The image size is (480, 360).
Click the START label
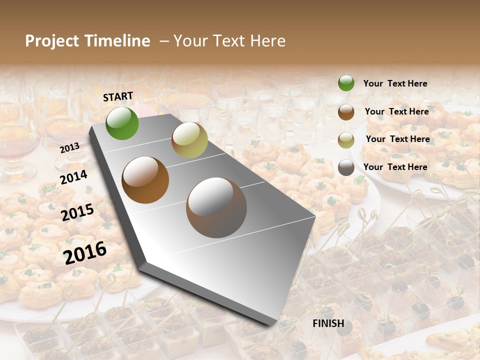(118, 96)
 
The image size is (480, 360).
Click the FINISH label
(328, 323)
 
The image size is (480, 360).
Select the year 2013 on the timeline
(69, 148)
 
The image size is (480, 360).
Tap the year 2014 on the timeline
(73, 177)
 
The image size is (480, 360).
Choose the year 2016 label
(85, 252)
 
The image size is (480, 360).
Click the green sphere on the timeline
(122, 123)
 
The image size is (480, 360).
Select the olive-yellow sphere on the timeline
(189, 140)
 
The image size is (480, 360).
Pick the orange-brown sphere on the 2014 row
(145, 180)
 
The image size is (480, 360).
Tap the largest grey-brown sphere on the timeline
(216, 207)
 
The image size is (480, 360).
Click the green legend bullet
(346, 83)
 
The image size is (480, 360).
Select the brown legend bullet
(346, 112)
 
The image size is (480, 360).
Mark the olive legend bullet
(346, 139)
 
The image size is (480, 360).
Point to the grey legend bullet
(346, 167)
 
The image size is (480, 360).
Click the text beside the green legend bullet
(395, 83)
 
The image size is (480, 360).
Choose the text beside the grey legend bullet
(395, 167)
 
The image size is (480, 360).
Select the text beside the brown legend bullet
(396, 111)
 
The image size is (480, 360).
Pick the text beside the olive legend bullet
(397, 139)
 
